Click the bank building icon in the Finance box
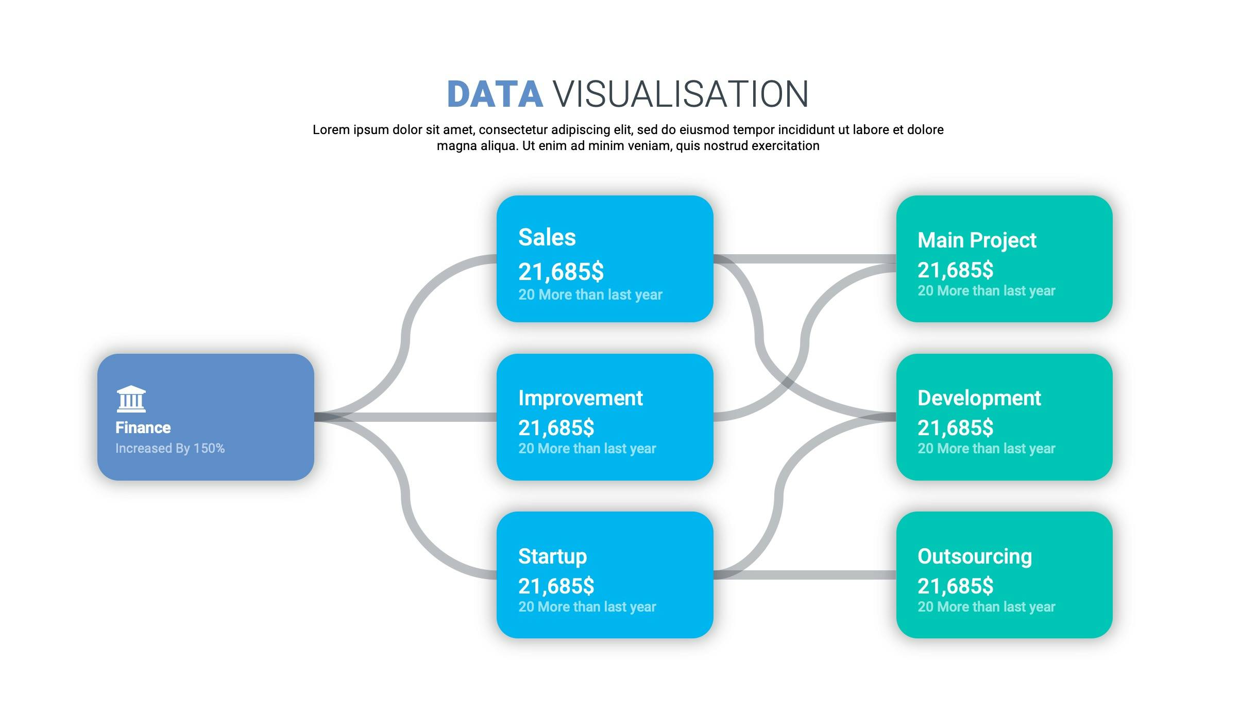click(x=131, y=399)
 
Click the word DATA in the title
click(x=495, y=94)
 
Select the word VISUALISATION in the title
click(x=681, y=94)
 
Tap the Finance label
click(x=143, y=427)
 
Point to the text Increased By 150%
click(x=170, y=448)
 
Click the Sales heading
click(x=547, y=237)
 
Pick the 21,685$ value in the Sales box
click(x=561, y=271)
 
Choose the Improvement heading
click(x=581, y=398)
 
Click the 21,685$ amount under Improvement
click(x=556, y=428)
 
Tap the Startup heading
click(x=552, y=556)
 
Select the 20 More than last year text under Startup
click(x=587, y=607)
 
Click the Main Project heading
click(x=977, y=241)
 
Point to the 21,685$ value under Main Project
click(x=956, y=270)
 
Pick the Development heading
click(x=979, y=398)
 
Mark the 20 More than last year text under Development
click(x=987, y=449)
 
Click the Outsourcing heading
click(x=975, y=557)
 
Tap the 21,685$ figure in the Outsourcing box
click(x=956, y=586)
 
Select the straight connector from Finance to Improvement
click(x=405, y=417)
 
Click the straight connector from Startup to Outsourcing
click(x=805, y=575)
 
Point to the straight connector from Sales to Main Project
click(x=805, y=259)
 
